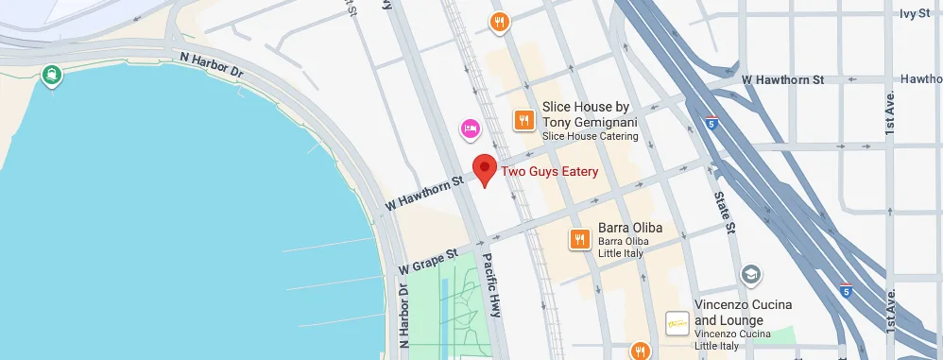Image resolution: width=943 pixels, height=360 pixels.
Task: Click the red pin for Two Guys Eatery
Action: (485, 169)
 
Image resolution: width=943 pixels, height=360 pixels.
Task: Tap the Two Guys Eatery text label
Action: (549, 172)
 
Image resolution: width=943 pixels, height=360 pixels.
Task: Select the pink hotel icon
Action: (470, 129)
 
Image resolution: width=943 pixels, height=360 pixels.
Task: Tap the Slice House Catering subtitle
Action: (590, 137)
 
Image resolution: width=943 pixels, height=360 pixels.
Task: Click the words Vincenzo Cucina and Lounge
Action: (743, 312)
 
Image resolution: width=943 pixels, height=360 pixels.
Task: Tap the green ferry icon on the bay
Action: (50, 75)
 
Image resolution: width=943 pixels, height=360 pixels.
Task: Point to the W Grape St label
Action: (428, 260)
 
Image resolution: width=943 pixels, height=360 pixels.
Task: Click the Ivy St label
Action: (915, 13)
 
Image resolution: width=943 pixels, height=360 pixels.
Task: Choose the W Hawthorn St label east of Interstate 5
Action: (783, 80)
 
